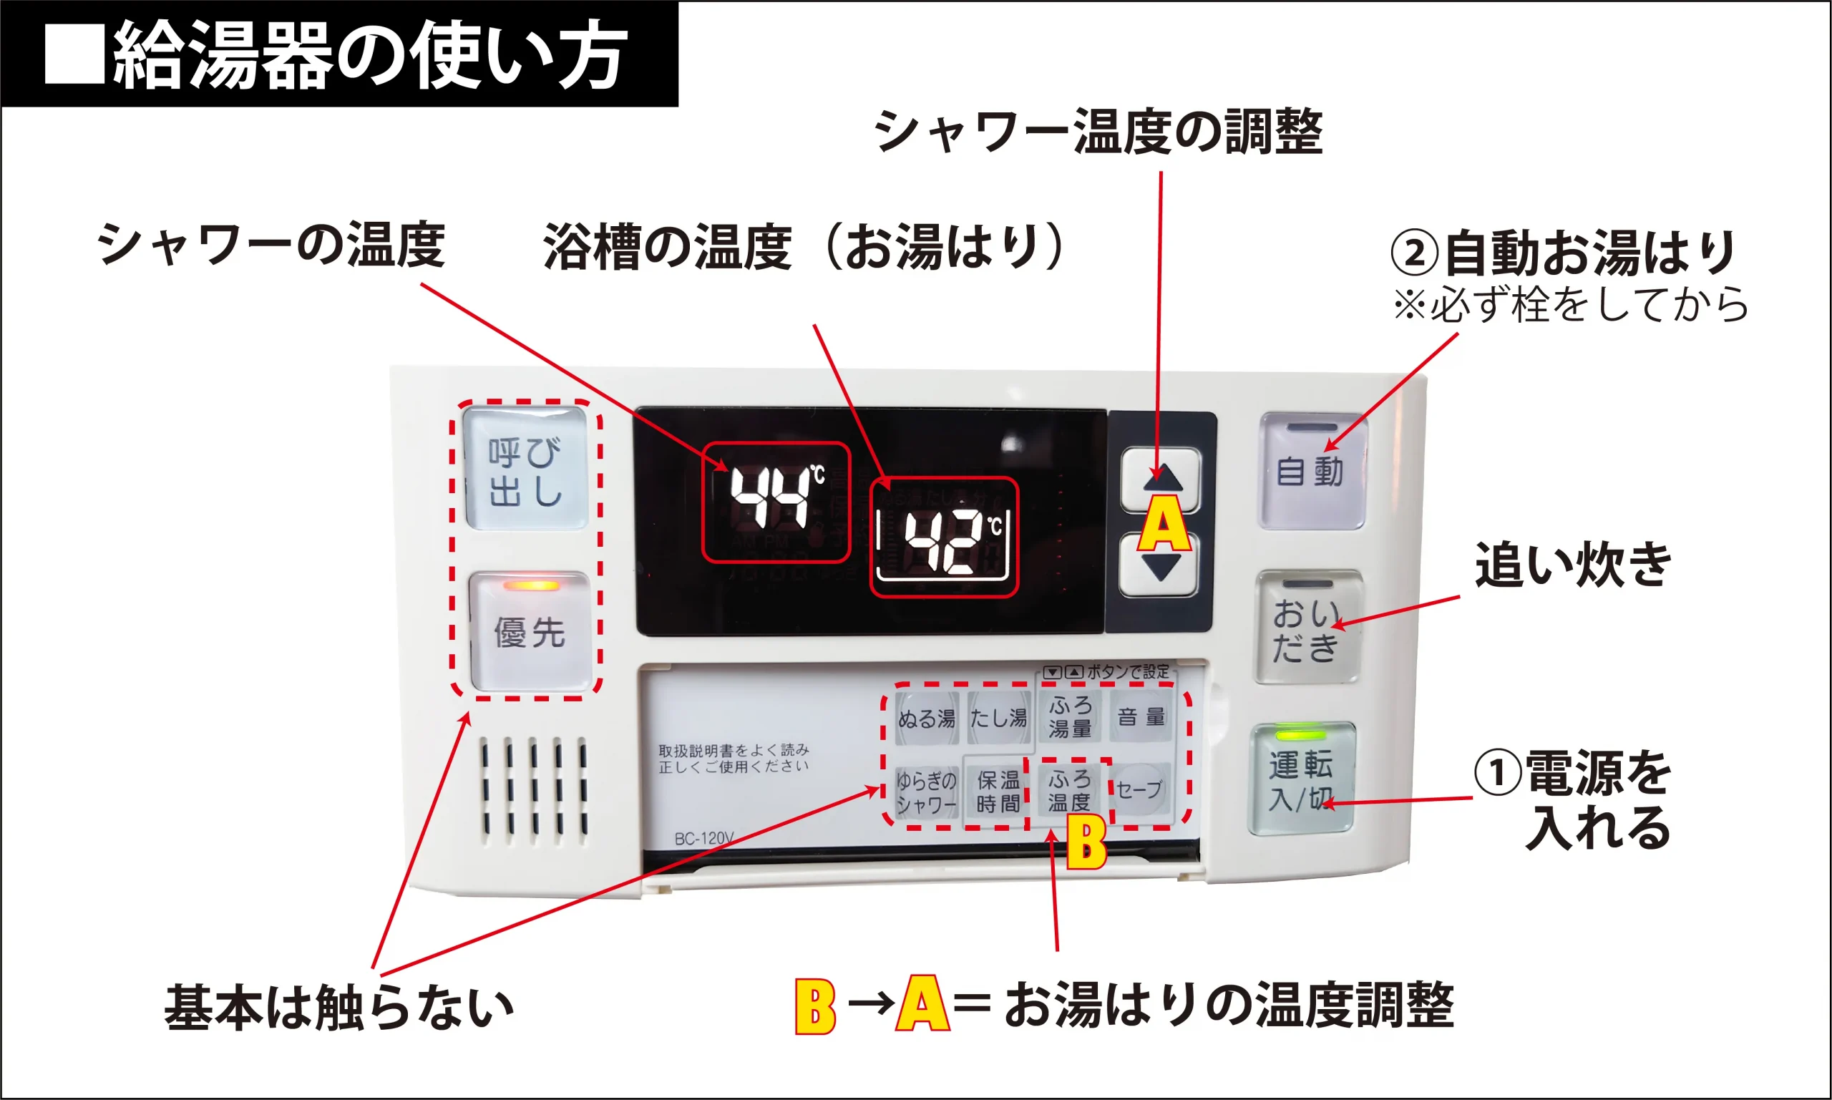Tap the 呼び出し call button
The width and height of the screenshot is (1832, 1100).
tap(525, 469)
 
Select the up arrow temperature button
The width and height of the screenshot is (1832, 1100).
tap(1160, 478)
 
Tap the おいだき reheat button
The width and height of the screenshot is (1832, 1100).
tap(1307, 628)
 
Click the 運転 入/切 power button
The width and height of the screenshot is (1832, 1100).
tap(1302, 781)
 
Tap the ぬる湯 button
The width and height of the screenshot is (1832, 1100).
tap(926, 718)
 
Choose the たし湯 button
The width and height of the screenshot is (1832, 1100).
tap(998, 718)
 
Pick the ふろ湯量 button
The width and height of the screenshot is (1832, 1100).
tap(1069, 716)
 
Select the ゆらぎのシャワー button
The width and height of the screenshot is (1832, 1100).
tap(926, 792)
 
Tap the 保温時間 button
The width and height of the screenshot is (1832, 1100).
tap(998, 792)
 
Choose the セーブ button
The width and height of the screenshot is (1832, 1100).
tap(1140, 789)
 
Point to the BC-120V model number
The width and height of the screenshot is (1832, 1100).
tap(704, 838)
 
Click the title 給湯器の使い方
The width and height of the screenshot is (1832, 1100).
tap(370, 55)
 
